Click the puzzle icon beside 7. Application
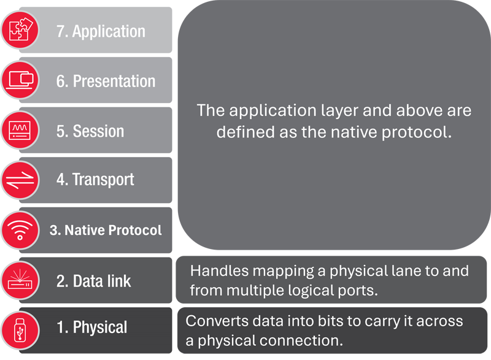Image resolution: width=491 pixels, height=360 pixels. [20, 29]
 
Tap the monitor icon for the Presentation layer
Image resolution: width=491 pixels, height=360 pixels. [20, 80]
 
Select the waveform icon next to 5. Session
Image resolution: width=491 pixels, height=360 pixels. [20, 130]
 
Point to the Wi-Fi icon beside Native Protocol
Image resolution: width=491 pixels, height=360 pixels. [20, 231]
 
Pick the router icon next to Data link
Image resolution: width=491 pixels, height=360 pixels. [20, 280]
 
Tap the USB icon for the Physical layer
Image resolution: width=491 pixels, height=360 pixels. [20, 328]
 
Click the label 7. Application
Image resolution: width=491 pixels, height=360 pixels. [101, 31]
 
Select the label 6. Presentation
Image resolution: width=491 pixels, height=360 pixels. [106, 81]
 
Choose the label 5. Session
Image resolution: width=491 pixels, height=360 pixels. [90, 131]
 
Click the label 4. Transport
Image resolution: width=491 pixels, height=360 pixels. [95, 180]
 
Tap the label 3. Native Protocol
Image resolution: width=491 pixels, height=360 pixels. [106, 231]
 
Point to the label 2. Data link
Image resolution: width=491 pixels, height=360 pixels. [94, 281]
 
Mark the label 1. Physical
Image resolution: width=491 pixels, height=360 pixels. [92, 327]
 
